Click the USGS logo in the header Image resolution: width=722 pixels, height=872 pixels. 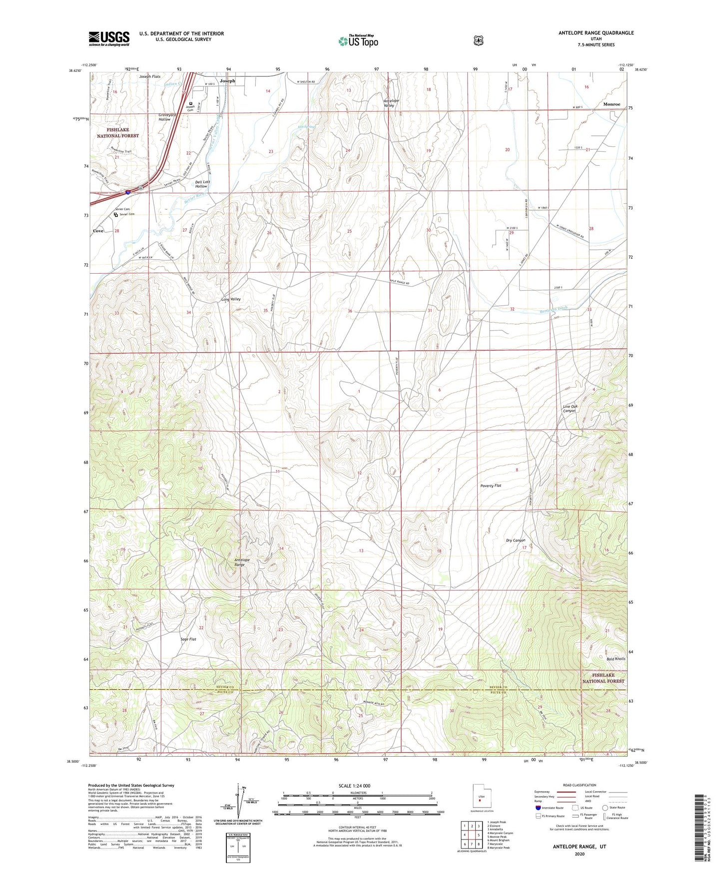[x=109, y=38]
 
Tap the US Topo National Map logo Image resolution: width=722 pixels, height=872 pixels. [x=358, y=40]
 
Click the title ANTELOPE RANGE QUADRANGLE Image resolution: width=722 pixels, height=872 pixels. [x=596, y=33]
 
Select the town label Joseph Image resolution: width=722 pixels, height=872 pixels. [x=227, y=80]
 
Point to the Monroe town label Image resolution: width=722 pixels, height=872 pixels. [x=611, y=104]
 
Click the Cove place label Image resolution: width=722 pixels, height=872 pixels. [x=98, y=231]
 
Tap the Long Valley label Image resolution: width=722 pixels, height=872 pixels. [x=231, y=299]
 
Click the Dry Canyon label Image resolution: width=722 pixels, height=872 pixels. [x=515, y=540]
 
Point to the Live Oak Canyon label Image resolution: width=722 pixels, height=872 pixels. [x=570, y=409]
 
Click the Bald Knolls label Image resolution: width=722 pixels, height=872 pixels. [x=616, y=659]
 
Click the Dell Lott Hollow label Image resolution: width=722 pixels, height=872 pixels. [x=202, y=184]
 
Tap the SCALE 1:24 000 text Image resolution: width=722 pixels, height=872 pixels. [x=354, y=786]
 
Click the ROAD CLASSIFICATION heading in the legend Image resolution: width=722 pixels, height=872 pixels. [x=579, y=785]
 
